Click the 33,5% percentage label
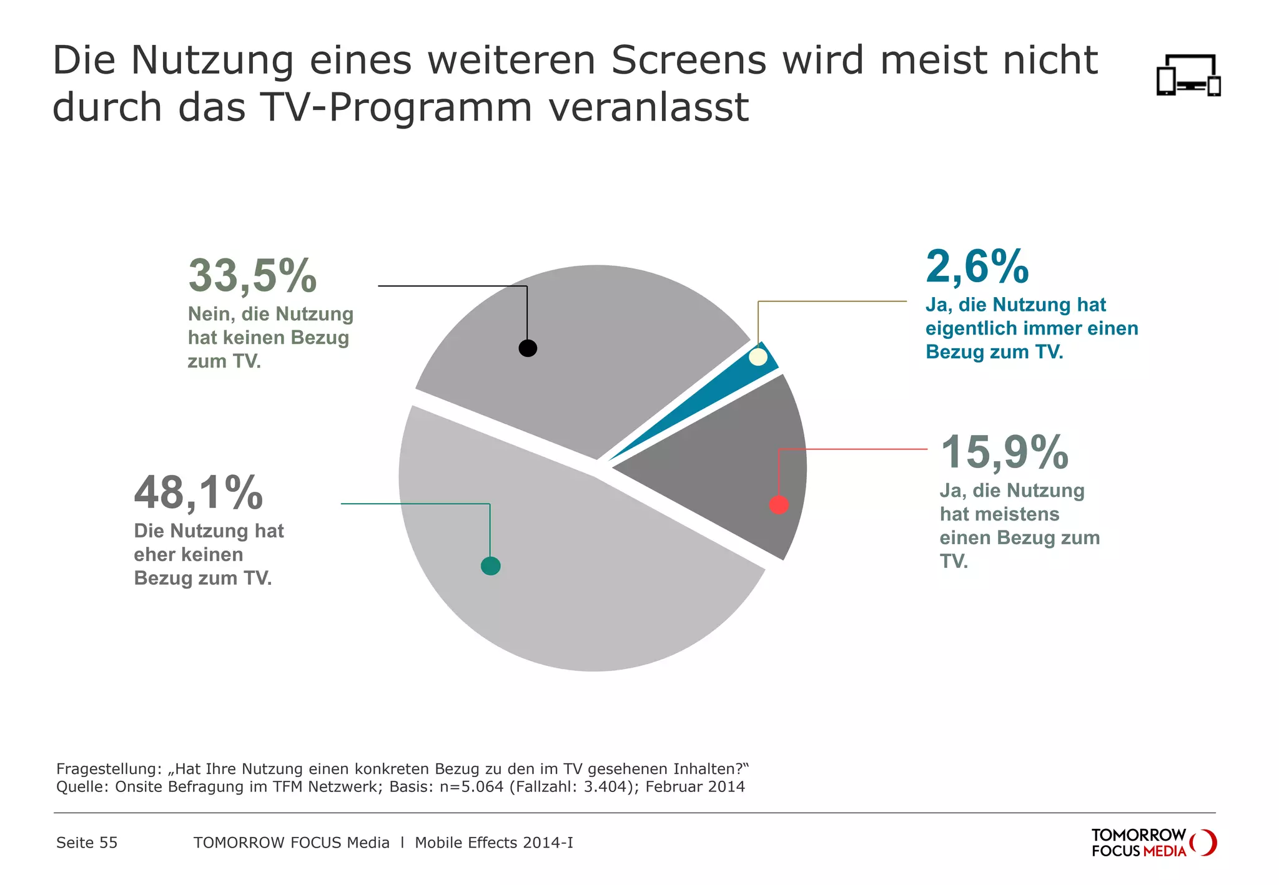click(252, 275)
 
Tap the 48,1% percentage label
click(198, 493)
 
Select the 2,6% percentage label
click(977, 266)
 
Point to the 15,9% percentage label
click(1004, 452)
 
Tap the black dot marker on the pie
click(528, 348)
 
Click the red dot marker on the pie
click(779, 504)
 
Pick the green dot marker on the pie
click(491, 566)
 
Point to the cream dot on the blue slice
click(758, 357)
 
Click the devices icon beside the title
click(1188, 76)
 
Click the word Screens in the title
click(688, 61)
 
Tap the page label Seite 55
click(87, 843)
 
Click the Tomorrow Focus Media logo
click(1153, 843)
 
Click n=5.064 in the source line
click(472, 786)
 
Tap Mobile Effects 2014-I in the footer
click(493, 843)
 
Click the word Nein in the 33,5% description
click(209, 314)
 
